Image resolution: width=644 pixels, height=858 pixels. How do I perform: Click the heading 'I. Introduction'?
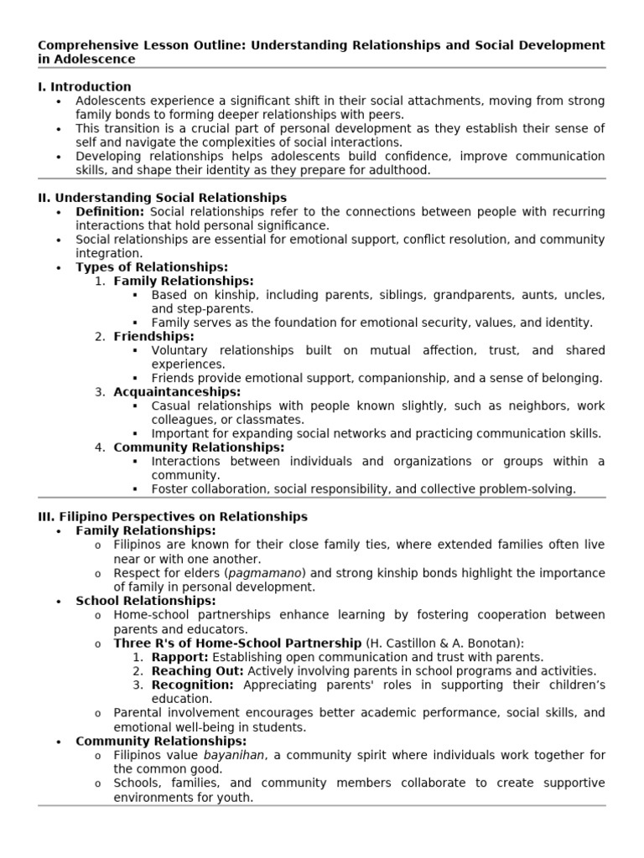point(85,86)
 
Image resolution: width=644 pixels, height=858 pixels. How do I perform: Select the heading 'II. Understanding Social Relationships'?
point(162,198)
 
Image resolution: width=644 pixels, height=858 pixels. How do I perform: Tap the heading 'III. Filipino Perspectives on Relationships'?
point(173,517)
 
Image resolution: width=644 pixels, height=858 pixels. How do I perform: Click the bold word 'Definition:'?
point(110,212)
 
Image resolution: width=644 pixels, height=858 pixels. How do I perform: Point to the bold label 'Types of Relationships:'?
point(152,267)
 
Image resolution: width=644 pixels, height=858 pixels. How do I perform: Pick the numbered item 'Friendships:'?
point(153,337)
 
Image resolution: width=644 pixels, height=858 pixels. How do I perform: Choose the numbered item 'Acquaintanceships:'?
point(177,392)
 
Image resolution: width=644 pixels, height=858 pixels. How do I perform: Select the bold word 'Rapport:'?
point(179,657)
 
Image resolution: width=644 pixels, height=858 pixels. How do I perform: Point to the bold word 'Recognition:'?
point(194,685)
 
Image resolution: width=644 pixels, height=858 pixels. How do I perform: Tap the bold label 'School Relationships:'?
point(146,601)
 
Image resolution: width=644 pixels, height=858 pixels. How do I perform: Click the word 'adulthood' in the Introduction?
point(397,169)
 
